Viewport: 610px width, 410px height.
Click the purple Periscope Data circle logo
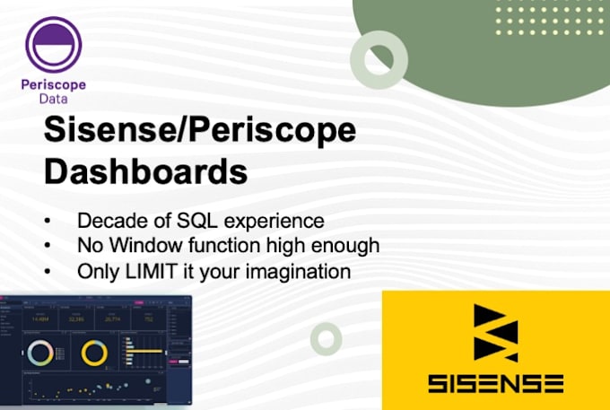coord(54,44)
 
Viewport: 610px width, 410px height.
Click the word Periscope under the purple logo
coord(54,85)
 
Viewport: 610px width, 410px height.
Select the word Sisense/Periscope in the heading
coord(200,132)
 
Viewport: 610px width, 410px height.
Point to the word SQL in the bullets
coord(182,221)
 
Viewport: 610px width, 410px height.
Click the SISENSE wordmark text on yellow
coord(495,383)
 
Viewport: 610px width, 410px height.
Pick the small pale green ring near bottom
coord(326,338)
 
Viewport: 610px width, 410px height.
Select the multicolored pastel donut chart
coord(39,353)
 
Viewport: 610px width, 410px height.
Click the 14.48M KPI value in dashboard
coord(39,318)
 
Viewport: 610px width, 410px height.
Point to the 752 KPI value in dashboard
coord(148,318)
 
